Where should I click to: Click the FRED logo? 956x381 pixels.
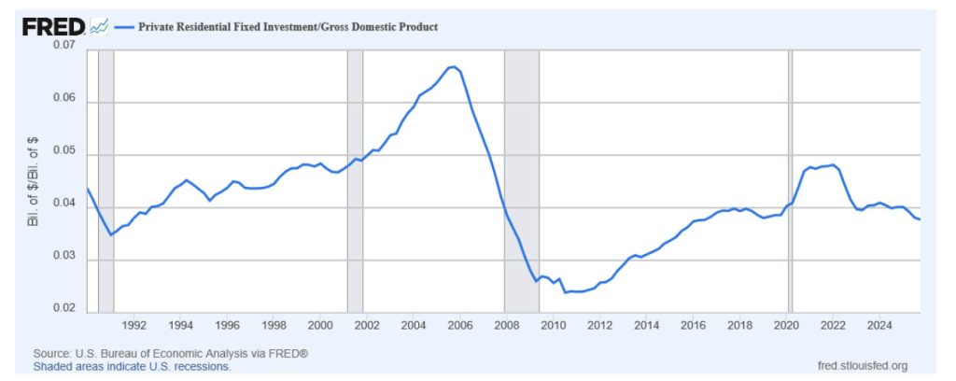(x=54, y=27)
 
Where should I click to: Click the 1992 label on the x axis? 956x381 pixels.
(x=134, y=325)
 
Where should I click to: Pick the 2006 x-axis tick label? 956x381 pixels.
(x=459, y=325)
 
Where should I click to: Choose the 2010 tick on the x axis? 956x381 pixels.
(x=553, y=325)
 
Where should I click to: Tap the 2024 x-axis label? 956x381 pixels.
(x=879, y=325)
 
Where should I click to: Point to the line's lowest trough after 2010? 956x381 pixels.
(x=565, y=292)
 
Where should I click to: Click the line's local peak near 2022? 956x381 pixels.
(x=831, y=165)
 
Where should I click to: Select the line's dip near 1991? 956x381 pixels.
(x=111, y=234)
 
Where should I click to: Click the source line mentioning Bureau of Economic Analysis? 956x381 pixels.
(x=171, y=355)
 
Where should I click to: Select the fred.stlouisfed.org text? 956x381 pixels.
(x=861, y=366)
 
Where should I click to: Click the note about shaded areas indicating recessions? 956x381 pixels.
(x=132, y=367)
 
